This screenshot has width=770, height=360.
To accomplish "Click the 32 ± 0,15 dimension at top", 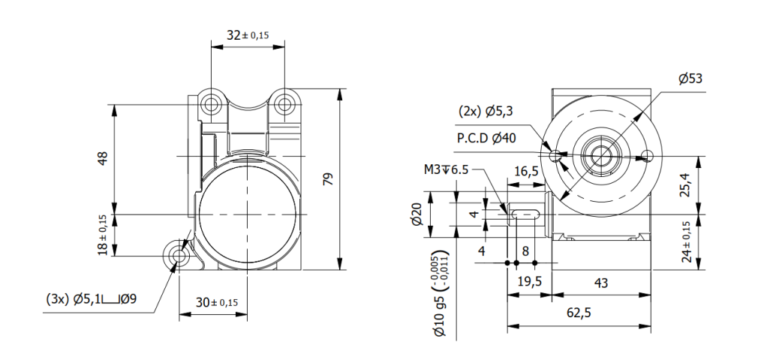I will [x=248, y=34].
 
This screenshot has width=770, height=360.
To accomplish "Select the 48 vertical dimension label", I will [x=103, y=158].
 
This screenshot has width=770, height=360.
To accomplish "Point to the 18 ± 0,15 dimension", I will [x=103, y=235].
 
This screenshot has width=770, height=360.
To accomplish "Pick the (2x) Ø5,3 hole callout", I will [x=486, y=112].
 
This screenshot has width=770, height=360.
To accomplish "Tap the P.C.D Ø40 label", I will [x=486, y=138].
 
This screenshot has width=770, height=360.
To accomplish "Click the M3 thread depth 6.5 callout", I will [x=446, y=169].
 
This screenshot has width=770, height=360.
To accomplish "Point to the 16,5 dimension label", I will [x=525, y=172].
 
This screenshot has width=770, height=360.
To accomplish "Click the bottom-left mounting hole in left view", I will [x=179, y=256].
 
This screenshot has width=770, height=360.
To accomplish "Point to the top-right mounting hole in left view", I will [x=284, y=102].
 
